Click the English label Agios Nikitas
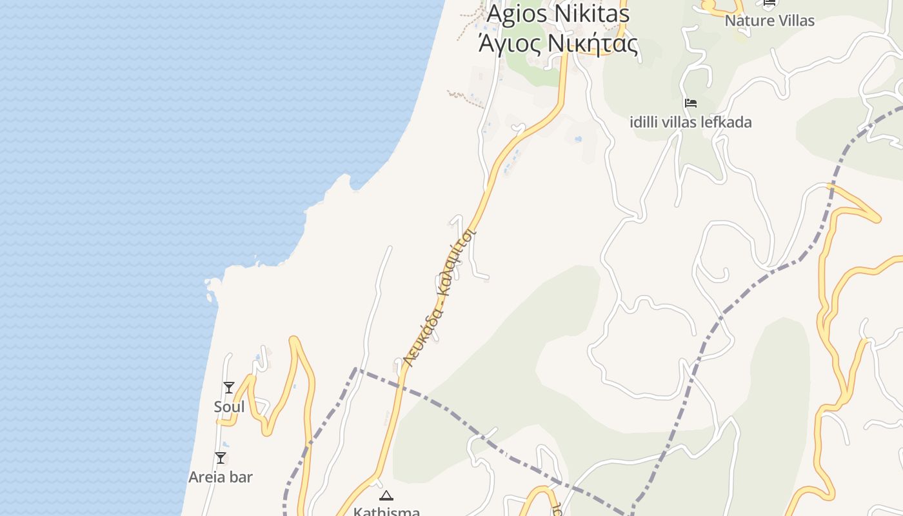pos(557,13)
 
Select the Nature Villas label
pos(769,21)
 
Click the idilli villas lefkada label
pos(690,122)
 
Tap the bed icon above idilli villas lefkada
pos(691,103)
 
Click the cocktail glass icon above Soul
pos(229,388)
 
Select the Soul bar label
pos(229,407)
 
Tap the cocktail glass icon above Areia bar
pos(221,458)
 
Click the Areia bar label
pos(221,477)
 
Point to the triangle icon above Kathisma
pos(386,496)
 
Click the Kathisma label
pos(386,512)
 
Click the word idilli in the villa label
pos(647,122)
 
